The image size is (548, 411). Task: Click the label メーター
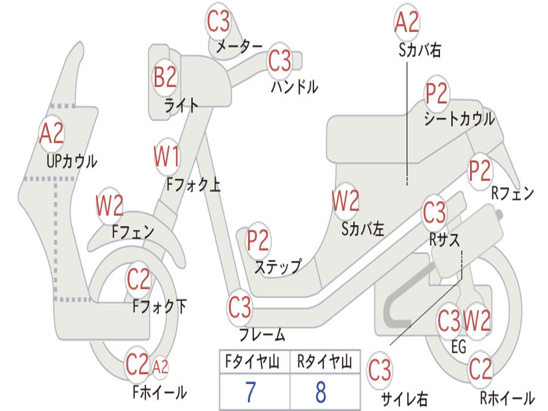click(x=239, y=47)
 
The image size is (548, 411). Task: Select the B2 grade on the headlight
click(x=165, y=78)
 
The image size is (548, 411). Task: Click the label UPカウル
click(x=72, y=161)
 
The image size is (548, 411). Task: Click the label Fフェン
click(x=133, y=232)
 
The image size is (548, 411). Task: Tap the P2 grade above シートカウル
click(x=436, y=94)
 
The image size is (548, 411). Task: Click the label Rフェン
click(x=512, y=194)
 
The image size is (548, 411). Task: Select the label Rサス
click(x=444, y=240)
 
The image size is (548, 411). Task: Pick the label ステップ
click(x=277, y=267)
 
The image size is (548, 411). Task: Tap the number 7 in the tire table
click(x=250, y=392)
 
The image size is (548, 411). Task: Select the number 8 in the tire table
click(x=320, y=392)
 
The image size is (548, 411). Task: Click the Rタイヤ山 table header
click(x=324, y=362)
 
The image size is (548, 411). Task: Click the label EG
click(x=459, y=347)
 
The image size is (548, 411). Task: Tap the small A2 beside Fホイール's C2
click(x=160, y=367)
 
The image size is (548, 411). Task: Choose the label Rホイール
click(x=506, y=398)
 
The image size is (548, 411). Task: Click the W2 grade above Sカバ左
click(x=345, y=202)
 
